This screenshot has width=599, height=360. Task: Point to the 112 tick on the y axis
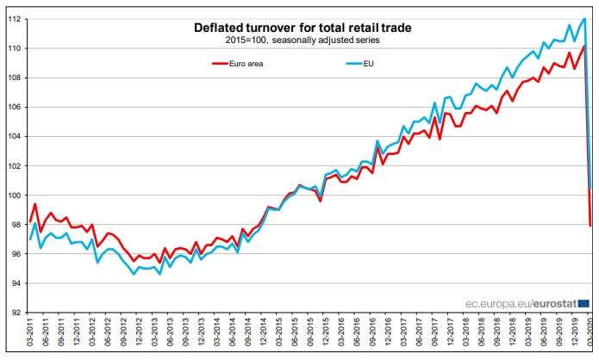pos(15,19)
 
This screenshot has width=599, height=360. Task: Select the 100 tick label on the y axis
pos(15,196)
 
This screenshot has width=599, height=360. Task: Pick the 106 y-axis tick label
pos(15,108)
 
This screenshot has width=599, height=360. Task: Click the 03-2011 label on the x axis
pos(31,336)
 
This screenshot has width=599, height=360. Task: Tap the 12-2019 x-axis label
pos(573,336)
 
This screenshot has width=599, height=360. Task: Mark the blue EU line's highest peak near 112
pos(585,19)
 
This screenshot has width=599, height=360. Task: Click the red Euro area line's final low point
pos(590,226)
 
